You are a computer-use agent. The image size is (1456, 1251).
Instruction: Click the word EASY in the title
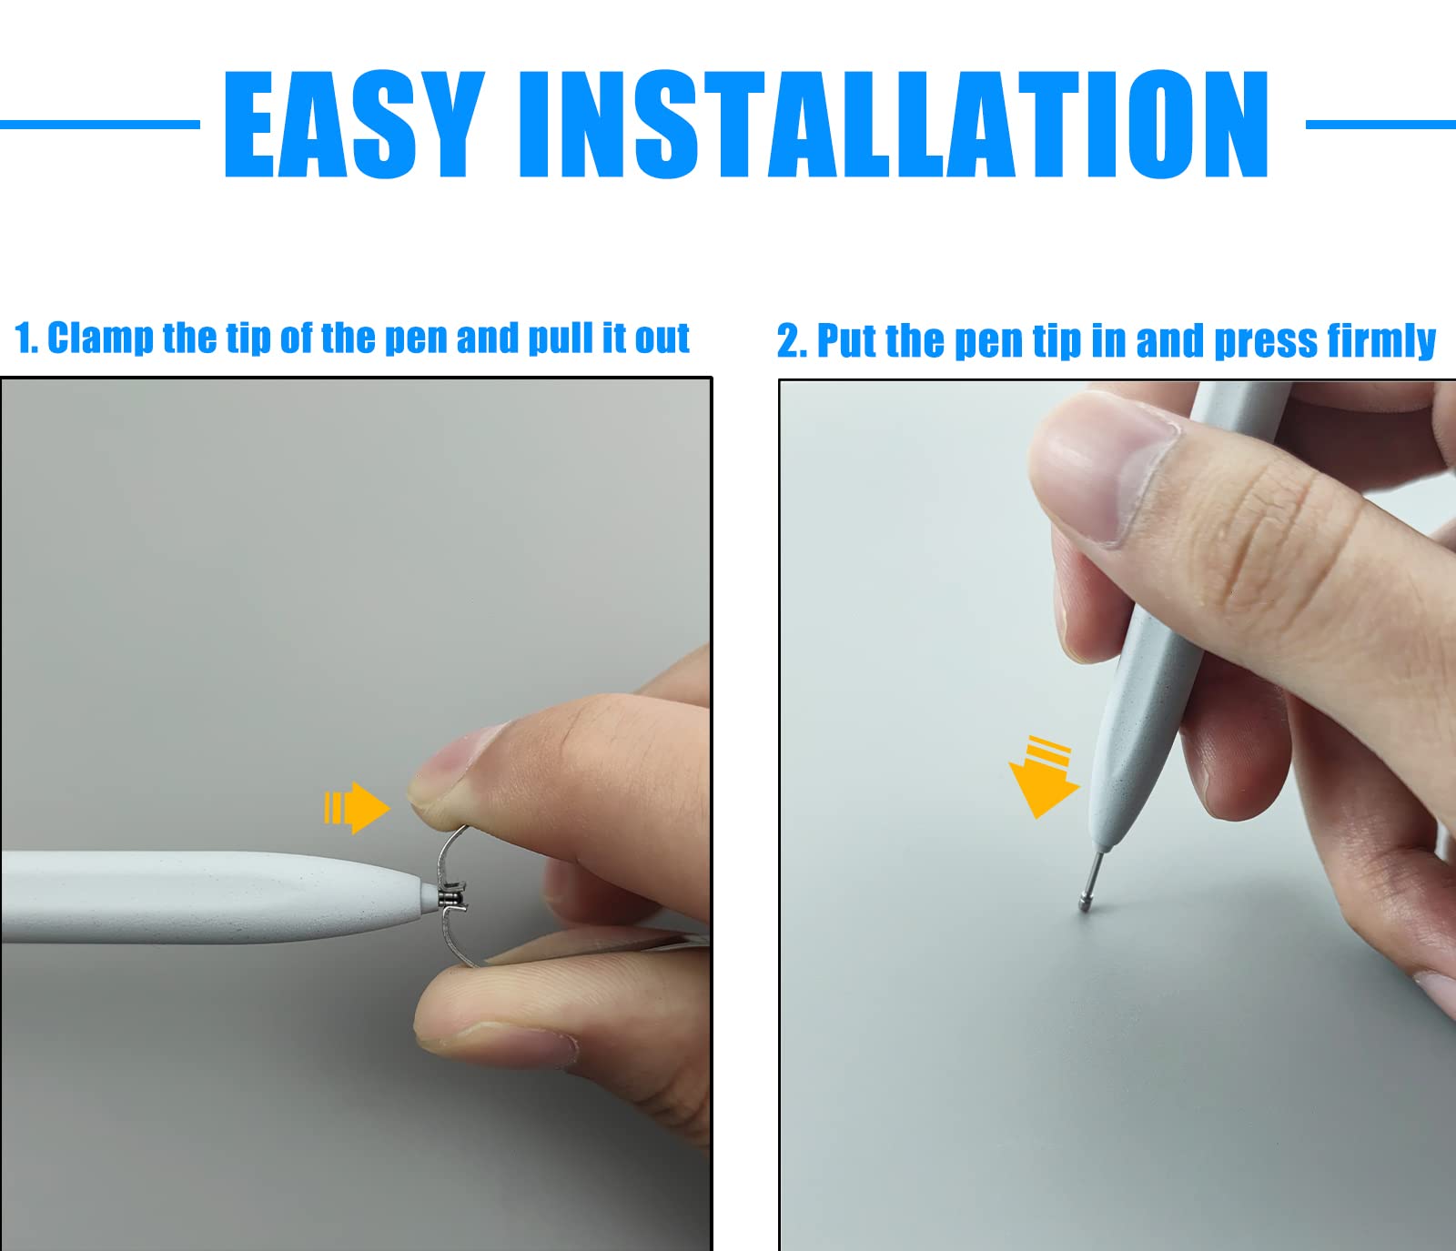tap(354, 124)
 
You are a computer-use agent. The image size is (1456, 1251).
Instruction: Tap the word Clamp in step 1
tap(101, 338)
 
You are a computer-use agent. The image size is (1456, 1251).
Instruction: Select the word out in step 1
tap(662, 338)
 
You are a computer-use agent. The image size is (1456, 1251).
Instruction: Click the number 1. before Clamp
tap(26, 338)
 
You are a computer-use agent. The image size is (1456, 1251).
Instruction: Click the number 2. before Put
tap(792, 342)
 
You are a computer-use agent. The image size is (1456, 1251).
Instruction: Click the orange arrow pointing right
tap(357, 807)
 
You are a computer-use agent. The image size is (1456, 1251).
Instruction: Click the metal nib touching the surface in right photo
tap(1091, 879)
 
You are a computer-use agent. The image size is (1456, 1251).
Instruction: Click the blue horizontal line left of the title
tap(100, 125)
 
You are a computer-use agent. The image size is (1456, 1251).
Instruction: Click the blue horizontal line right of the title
tap(1380, 125)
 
